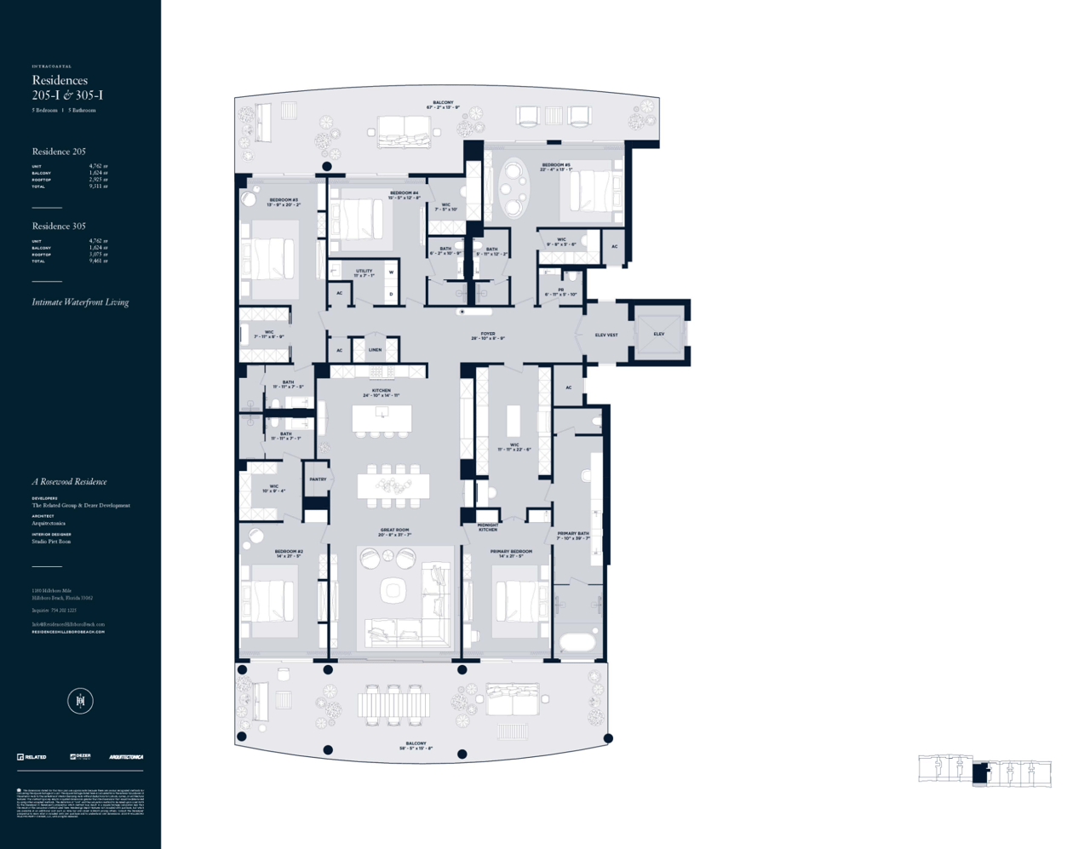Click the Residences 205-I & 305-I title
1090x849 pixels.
(67, 88)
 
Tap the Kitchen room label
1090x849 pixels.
(381, 393)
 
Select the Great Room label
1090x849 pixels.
(394, 532)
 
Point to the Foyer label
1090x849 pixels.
(488, 336)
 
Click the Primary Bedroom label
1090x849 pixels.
(511, 554)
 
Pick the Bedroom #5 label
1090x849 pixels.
(555, 167)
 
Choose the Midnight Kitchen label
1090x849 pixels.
(488, 527)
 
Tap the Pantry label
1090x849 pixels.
(318, 479)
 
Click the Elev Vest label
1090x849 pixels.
(606, 335)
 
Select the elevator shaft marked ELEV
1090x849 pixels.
(659, 333)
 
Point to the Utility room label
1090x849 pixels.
(364, 272)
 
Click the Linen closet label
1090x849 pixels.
(375, 349)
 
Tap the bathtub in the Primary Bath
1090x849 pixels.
(578, 641)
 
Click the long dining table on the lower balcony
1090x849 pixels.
(393, 704)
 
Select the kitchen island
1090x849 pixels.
(381, 418)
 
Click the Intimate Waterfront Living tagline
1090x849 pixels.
(80, 302)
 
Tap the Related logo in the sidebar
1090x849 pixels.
(32, 756)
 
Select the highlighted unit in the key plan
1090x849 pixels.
(981, 773)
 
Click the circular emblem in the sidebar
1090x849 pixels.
(80, 701)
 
